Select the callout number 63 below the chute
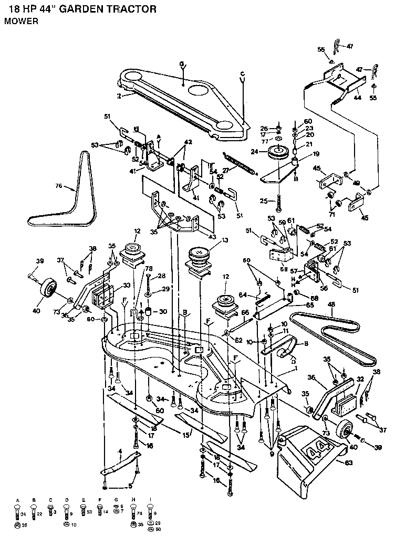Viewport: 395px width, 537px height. [343, 462]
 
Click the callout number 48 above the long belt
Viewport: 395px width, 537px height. [331, 304]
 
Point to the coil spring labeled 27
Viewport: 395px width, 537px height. [239, 162]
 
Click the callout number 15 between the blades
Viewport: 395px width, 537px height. [185, 434]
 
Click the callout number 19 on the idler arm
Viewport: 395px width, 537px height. [316, 154]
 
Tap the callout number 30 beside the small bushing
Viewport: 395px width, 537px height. [163, 311]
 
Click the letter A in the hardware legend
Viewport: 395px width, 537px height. [18, 499]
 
